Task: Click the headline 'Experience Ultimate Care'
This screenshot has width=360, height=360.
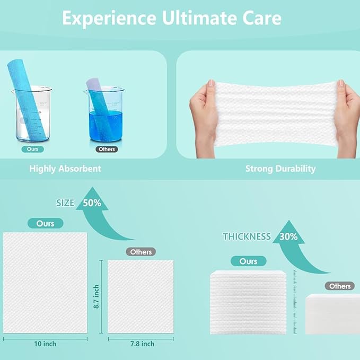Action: coord(171,18)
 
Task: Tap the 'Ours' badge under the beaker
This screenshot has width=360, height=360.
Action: coord(32,149)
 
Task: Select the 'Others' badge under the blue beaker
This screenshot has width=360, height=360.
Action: coord(106,149)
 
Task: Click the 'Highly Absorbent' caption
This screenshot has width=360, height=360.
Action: coord(65,169)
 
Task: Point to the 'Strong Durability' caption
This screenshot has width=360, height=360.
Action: coord(280,169)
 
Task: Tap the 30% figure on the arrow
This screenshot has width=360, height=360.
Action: coord(288,236)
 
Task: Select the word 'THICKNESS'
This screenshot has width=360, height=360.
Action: coord(247,236)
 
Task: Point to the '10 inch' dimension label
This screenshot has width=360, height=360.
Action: coord(45,344)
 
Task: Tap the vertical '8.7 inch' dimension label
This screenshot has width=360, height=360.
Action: coord(96,297)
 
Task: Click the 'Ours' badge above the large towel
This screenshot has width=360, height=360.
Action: coord(45,223)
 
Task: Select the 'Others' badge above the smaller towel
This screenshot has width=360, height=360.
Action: coord(141,252)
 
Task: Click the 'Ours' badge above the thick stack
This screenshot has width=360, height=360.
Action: coord(248,261)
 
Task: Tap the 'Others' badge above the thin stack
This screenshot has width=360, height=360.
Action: coord(339,286)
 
